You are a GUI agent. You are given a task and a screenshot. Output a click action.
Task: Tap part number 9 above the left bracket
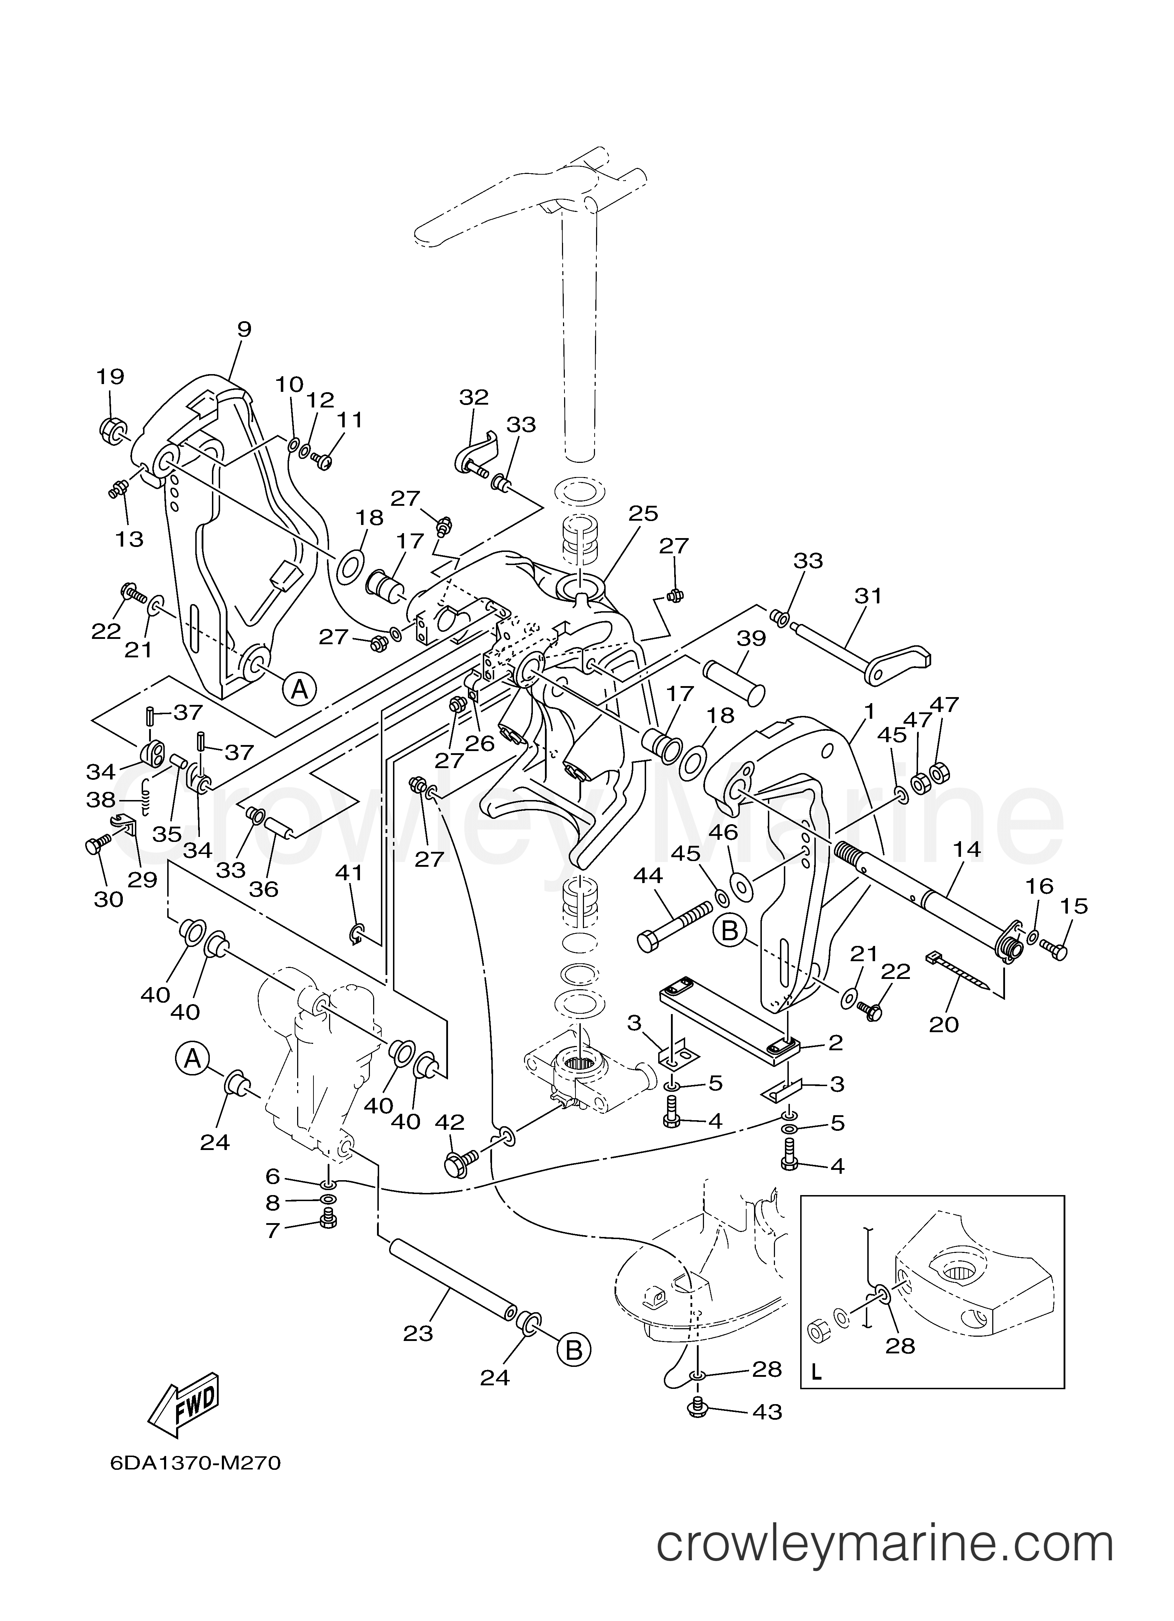[245, 329]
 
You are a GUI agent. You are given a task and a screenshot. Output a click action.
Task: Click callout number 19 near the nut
[111, 377]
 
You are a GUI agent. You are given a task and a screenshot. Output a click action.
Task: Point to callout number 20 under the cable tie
[944, 1024]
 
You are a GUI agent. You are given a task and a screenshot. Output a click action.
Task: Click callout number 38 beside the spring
[101, 800]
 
